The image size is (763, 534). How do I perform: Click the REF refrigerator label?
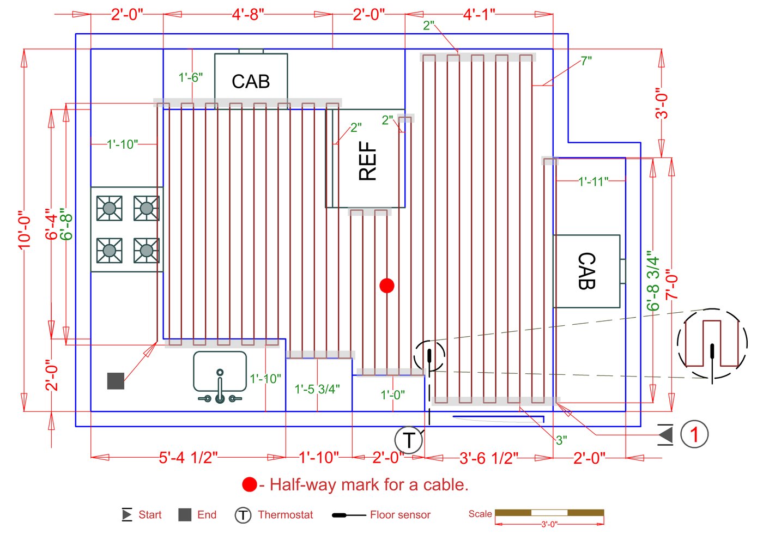[367, 161]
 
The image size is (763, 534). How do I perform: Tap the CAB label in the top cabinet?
[251, 81]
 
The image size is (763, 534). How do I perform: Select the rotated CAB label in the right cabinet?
[587, 271]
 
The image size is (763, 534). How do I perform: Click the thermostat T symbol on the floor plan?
[409, 440]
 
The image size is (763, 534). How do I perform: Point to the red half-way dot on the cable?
[387, 286]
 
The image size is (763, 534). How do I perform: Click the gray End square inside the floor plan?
[116, 381]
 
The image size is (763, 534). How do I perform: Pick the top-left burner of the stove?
[110, 208]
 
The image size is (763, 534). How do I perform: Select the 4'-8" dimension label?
[248, 15]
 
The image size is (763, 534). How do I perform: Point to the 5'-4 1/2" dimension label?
[188, 458]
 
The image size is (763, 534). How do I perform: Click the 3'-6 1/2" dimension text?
[489, 458]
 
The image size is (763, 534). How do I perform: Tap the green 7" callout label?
[586, 61]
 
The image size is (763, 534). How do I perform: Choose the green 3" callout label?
[561, 440]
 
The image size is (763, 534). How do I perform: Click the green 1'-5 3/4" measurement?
[317, 389]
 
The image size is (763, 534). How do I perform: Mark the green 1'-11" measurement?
[594, 181]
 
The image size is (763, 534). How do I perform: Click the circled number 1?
[694, 434]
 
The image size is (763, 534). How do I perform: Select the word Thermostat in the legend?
[285, 514]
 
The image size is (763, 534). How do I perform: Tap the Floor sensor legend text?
[400, 514]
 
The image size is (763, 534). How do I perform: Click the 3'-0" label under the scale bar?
[549, 524]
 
